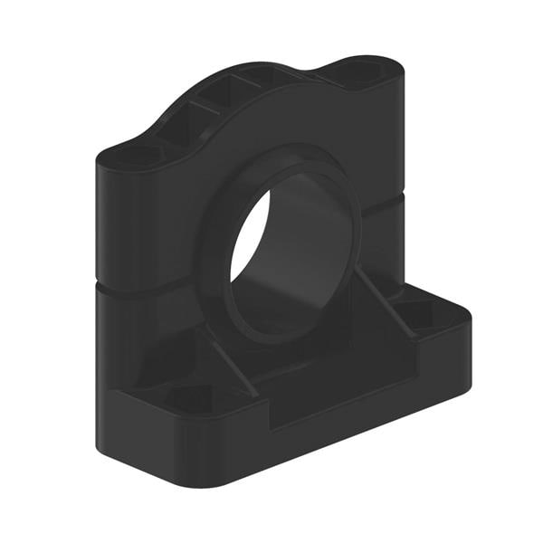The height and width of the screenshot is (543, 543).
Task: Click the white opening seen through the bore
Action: pyautogui.click(x=248, y=237)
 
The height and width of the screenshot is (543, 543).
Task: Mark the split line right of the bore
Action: pyautogui.click(x=380, y=208)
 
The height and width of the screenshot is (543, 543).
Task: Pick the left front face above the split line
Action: pyautogui.click(x=145, y=226)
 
